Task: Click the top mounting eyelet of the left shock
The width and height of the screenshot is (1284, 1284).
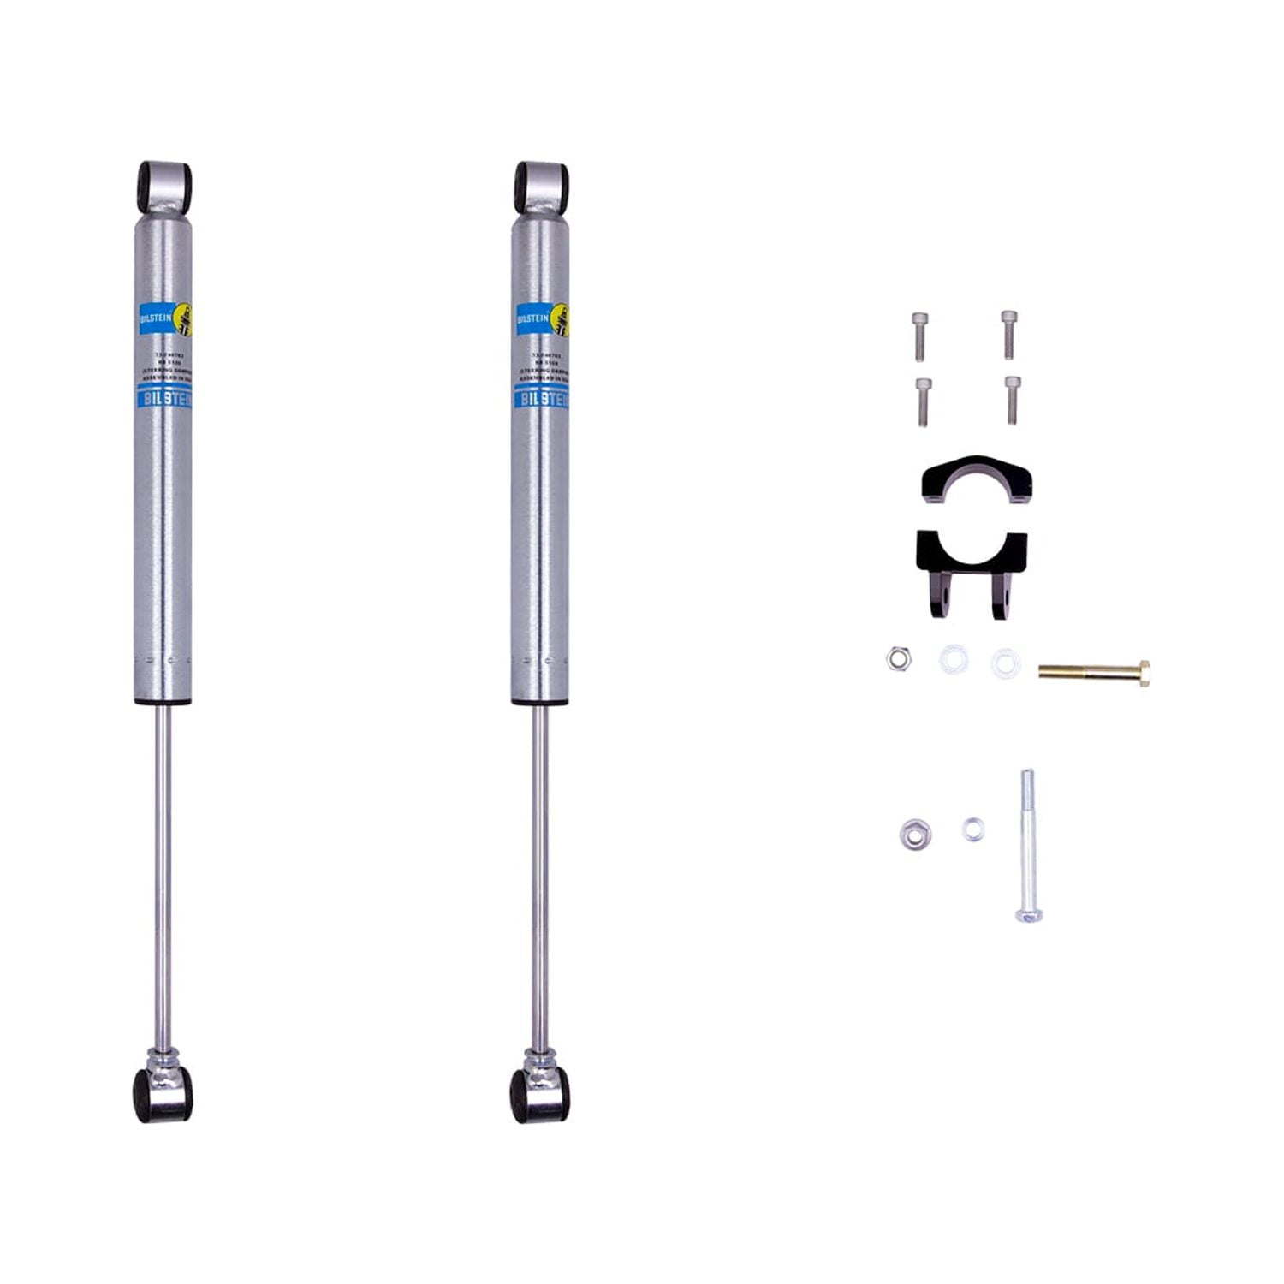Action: pyautogui.click(x=163, y=187)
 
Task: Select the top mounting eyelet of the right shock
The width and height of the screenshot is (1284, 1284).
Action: pyautogui.click(x=541, y=187)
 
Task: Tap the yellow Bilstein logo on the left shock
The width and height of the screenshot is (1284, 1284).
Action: pyautogui.click(x=182, y=319)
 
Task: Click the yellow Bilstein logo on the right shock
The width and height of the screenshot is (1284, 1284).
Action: pyautogui.click(x=560, y=319)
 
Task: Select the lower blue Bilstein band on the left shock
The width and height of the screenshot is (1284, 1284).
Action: pyautogui.click(x=163, y=398)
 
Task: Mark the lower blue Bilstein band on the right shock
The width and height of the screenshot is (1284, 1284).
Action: pyautogui.click(x=540, y=398)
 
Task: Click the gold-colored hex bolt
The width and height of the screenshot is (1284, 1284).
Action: pyautogui.click(x=1095, y=671)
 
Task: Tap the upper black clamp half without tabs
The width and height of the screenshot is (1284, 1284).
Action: pyautogui.click(x=976, y=480)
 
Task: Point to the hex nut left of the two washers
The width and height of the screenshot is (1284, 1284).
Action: pyautogui.click(x=898, y=658)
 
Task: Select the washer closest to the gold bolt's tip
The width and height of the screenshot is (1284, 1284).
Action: pyautogui.click(x=1006, y=663)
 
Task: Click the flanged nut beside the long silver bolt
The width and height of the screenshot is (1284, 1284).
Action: pyautogui.click(x=915, y=834)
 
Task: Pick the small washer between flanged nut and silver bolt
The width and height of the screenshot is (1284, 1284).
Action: pyautogui.click(x=972, y=829)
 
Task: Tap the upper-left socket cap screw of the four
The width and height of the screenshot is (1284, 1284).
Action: pyautogui.click(x=920, y=336)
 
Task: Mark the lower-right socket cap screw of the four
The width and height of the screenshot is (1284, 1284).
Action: pyautogui.click(x=1013, y=399)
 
